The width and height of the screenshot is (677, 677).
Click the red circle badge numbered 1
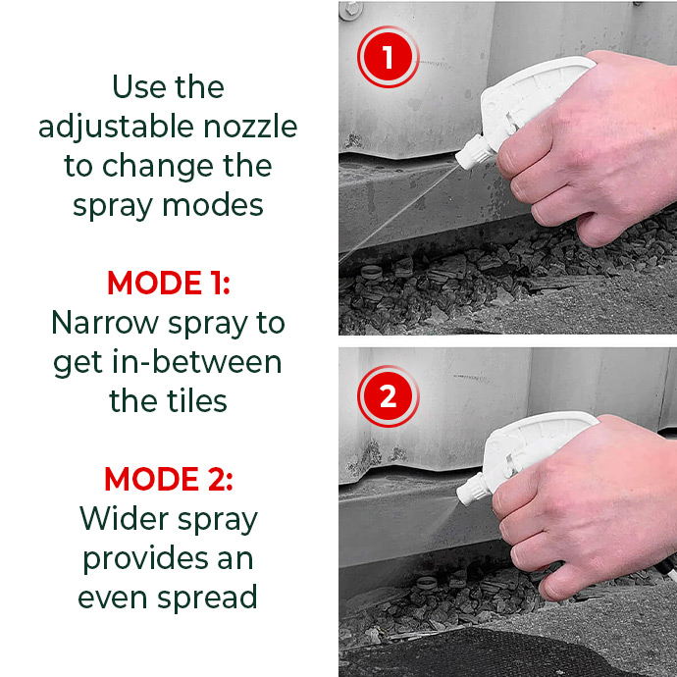pyautogui.click(x=389, y=57)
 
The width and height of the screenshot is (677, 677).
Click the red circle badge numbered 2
pyautogui.click(x=389, y=396)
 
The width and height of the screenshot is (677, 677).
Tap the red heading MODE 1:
pyautogui.click(x=169, y=284)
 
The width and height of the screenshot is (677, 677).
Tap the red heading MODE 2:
pyautogui.click(x=169, y=479)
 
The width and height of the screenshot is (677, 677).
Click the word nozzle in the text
pyautogui.click(x=250, y=127)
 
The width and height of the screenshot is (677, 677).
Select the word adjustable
pyautogui.click(x=116, y=128)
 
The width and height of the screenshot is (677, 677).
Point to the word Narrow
pyautogui.click(x=105, y=323)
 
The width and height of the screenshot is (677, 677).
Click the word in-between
pyautogui.click(x=197, y=362)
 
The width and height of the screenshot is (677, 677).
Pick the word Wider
pyautogui.click(x=125, y=519)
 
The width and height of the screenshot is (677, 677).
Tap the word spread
pyautogui.click(x=207, y=599)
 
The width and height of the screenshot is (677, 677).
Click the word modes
pyautogui.click(x=213, y=205)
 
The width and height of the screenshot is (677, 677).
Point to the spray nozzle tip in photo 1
pyautogui.click(x=459, y=162)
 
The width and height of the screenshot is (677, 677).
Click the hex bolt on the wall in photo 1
pyautogui.click(x=350, y=10)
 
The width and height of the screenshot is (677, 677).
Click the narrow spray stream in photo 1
pyautogui.click(x=399, y=213)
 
